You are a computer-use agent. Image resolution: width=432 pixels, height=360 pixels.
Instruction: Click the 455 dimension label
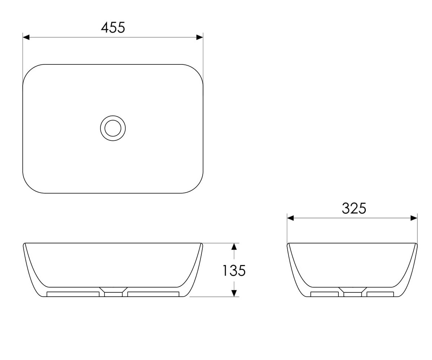(113, 27)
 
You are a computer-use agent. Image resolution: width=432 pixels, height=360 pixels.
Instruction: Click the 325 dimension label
(354, 208)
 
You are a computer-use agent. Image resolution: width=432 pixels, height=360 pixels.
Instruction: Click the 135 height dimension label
(234, 271)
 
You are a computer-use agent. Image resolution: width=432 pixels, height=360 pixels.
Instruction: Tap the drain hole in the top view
(113, 128)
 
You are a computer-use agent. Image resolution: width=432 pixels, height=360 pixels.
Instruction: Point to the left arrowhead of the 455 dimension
(26, 37)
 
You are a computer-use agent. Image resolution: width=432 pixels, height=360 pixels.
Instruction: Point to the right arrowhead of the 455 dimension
(200, 37)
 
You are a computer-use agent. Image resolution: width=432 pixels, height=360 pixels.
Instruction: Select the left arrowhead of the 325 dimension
(291, 218)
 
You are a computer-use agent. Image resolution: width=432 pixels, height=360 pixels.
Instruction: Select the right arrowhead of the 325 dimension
(414, 218)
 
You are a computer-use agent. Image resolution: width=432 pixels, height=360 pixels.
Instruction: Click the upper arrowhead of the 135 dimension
(234, 247)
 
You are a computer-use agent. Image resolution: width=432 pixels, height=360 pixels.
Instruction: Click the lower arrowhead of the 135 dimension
(234, 293)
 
